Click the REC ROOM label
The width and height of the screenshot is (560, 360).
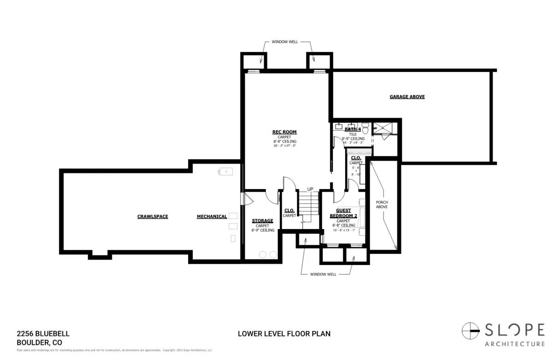[284, 132]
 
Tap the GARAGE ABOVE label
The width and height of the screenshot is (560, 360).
[407, 97]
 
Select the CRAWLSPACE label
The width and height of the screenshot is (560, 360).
[153, 216]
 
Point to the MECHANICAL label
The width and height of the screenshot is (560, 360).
[212, 216]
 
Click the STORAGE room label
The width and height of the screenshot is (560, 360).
[262, 221]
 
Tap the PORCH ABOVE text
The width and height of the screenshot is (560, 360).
[382, 205]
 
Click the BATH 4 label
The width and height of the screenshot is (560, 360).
[353, 130]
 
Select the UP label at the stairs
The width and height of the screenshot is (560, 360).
[310, 189]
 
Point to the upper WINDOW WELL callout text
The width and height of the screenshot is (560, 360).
[284, 41]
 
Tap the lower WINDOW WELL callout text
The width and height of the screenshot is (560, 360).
[323, 274]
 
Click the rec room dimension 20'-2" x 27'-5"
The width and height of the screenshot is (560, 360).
[284, 146]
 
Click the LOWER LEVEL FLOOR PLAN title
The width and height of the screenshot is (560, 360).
[284, 334]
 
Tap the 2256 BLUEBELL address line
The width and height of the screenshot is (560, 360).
[43, 334]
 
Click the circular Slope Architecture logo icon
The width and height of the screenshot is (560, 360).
[471, 330]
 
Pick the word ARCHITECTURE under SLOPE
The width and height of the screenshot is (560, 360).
[514, 344]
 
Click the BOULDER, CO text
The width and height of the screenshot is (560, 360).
[39, 342]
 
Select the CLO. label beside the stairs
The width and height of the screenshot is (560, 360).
[289, 211]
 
